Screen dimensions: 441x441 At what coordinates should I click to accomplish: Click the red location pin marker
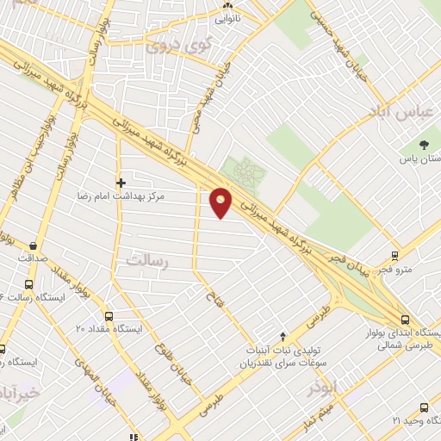(221, 202)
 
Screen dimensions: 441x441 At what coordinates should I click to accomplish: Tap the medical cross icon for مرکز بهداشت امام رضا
(121, 183)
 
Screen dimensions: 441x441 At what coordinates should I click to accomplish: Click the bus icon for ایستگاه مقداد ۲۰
(109, 316)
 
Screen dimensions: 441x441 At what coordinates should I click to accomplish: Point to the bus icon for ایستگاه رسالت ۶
(29, 285)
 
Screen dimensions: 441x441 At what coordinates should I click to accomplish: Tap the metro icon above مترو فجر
(394, 256)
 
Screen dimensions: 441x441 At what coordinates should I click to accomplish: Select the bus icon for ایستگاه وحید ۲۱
(423, 407)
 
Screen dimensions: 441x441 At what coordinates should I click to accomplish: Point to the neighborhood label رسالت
(146, 258)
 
